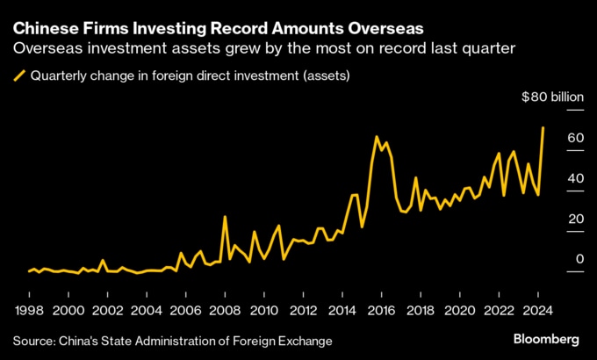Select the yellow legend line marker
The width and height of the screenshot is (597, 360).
click(19, 76)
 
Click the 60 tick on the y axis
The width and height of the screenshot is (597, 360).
click(576, 138)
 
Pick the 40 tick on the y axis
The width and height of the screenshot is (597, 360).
click(576, 178)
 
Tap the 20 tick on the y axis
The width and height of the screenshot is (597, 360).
click(576, 219)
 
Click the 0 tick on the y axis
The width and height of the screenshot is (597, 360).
click(579, 259)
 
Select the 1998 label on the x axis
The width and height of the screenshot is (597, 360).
click(30, 310)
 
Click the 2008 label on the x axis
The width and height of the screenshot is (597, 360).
click(226, 310)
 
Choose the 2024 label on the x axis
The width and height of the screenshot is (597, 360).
click(538, 310)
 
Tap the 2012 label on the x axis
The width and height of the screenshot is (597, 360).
click(304, 310)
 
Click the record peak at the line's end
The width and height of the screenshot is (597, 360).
click(543, 128)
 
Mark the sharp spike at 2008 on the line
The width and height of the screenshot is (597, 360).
click(225, 216)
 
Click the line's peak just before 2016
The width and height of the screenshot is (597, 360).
click(377, 137)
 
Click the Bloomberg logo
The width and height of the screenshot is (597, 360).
click(545, 339)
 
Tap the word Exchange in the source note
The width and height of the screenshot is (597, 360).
click(305, 340)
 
